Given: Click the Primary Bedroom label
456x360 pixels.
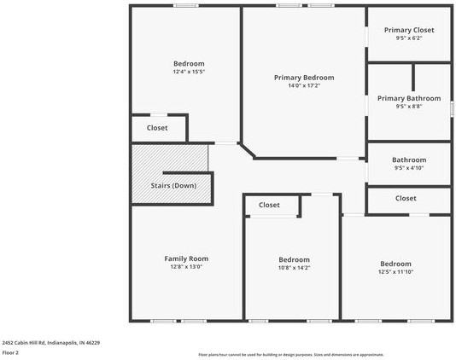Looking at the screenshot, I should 304,78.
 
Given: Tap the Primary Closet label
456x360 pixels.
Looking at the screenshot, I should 409,30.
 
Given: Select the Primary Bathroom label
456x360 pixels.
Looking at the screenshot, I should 409,98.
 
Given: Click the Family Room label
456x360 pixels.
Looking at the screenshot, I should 186,258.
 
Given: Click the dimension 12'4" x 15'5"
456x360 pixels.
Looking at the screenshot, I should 189,73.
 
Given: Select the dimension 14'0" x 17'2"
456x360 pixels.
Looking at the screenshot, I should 304,86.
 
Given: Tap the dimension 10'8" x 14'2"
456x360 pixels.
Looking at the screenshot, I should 294,268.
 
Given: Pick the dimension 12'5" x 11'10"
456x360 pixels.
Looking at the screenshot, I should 395,272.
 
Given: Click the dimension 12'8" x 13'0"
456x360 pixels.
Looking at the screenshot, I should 186,267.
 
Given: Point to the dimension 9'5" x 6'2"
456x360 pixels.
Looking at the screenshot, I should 409,38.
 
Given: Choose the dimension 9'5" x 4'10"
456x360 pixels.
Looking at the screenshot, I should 409,168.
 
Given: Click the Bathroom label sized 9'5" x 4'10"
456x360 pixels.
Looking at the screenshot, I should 409,160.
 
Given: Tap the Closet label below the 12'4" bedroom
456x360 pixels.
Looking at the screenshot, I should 157,128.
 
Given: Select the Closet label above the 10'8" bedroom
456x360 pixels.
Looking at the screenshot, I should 269,205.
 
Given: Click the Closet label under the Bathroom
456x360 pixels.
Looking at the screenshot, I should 406,198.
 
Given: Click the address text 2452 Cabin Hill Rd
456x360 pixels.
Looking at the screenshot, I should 50,342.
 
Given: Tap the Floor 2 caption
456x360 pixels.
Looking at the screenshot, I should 10,352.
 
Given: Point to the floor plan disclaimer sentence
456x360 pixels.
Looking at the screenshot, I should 291,355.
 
